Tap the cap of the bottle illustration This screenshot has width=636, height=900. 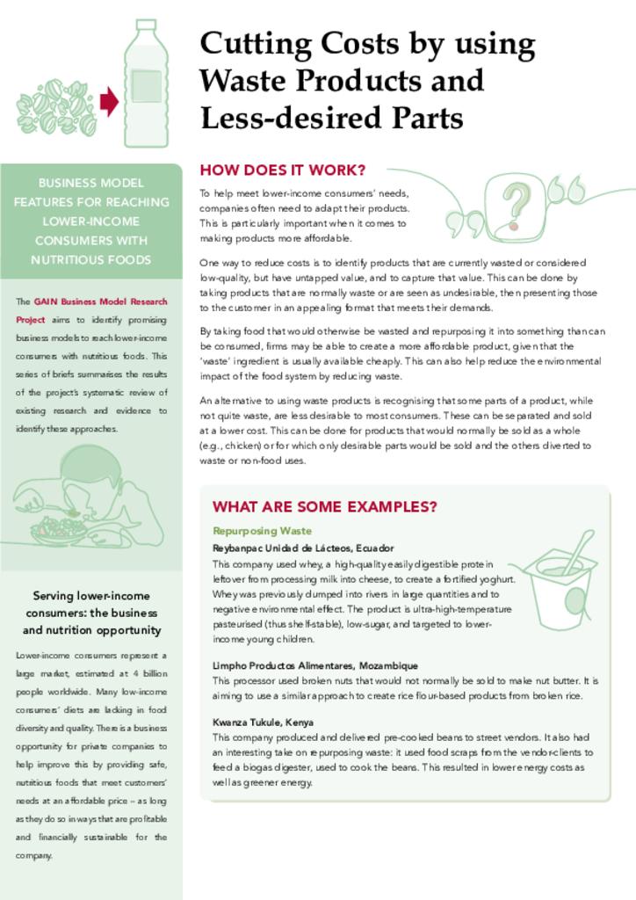(146, 25)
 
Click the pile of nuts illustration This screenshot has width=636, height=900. (55, 107)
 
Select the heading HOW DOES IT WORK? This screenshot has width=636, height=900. (282, 170)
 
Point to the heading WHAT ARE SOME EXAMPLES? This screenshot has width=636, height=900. (324, 507)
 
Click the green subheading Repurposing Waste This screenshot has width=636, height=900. (262, 531)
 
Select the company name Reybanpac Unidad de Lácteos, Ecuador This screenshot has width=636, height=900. (302, 548)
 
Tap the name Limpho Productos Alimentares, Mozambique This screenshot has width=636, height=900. (314, 665)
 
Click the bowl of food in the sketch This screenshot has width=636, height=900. (58, 530)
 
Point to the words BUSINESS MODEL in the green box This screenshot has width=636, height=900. (90, 183)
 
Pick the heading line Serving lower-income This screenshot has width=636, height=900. (90, 595)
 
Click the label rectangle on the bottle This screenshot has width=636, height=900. (146, 86)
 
